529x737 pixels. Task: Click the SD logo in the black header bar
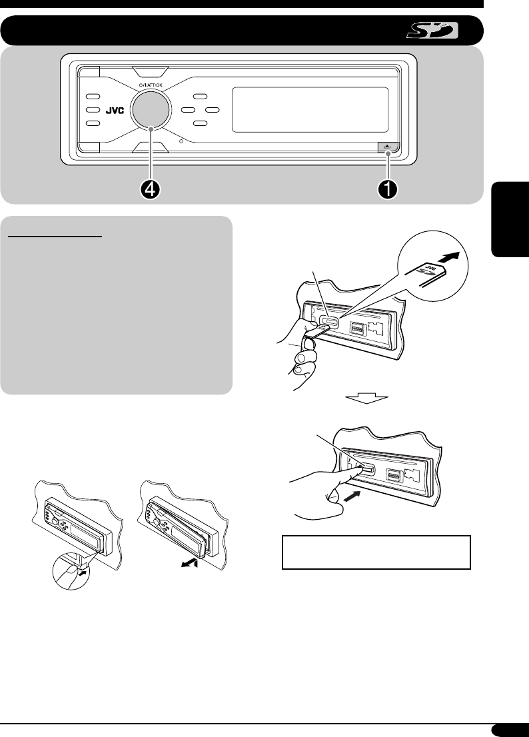coord(432,31)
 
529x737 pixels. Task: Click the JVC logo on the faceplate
coord(114,111)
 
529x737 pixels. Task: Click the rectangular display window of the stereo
coord(310,109)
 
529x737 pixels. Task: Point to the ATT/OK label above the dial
coord(151,85)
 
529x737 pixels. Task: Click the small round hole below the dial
coord(181,140)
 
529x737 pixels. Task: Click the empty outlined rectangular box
coord(376,552)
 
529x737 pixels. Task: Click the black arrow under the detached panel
coord(191,564)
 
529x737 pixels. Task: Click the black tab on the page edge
coord(510,219)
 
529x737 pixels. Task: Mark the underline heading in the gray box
coord(55,237)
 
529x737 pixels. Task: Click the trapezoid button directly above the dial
coord(151,72)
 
